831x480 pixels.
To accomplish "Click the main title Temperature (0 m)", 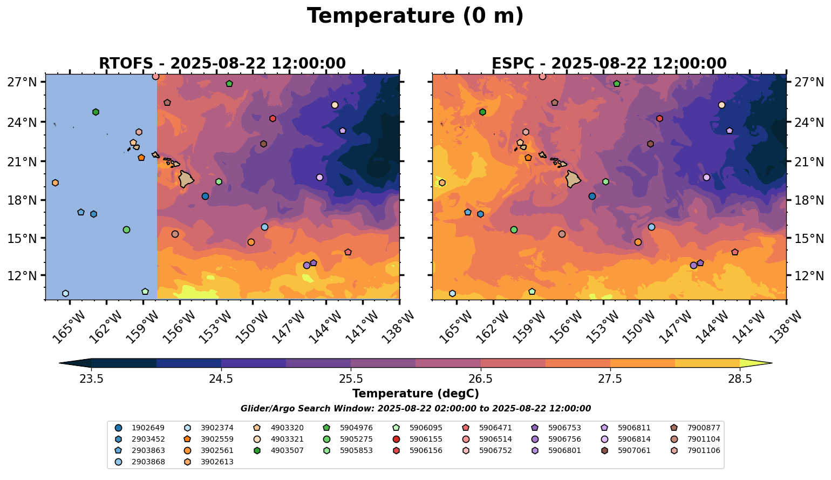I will [x=415, y=16].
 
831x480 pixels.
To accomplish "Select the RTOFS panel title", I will [x=222, y=64].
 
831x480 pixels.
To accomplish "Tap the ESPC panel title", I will [x=609, y=64].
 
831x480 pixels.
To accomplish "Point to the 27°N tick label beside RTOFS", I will [x=22, y=83].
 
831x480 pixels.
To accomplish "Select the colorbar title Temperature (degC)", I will [x=415, y=394].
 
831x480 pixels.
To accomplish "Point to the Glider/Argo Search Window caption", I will [x=415, y=409].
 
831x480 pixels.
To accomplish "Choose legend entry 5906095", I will [x=426, y=428].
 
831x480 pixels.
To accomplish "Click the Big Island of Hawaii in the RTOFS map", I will [x=186, y=179].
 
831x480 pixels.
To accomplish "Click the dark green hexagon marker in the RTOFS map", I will [x=96, y=112].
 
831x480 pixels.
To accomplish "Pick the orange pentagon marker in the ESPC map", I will [x=528, y=158].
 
